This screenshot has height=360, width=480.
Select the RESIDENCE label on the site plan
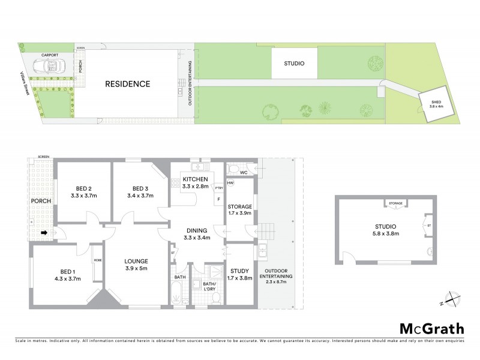tap(128, 84)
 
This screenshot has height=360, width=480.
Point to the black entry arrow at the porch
tap(44, 232)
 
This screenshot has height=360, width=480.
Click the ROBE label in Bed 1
tap(97, 260)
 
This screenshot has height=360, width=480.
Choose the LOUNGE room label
tap(136, 260)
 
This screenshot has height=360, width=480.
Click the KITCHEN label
tap(195, 179)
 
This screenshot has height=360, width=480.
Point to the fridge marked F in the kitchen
tap(218, 199)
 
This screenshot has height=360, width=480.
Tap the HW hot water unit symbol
tap(229, 184)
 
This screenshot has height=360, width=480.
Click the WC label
tap(244, 173)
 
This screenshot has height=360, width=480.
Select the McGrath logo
tap(431, 328)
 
